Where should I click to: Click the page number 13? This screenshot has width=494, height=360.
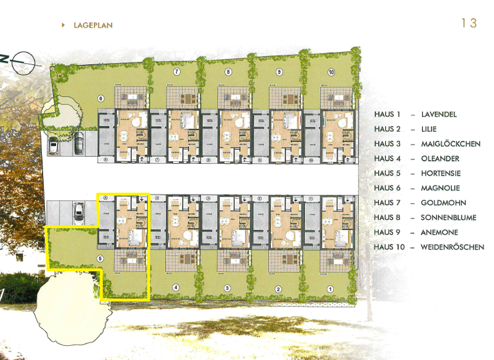(469, 23)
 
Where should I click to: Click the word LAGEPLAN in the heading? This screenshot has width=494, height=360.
(93, 25)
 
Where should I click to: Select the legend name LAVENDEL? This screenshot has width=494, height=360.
(439, 114)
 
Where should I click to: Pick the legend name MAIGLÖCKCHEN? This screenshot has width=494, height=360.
(450, 144)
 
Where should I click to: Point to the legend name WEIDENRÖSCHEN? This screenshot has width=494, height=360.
(452, 248)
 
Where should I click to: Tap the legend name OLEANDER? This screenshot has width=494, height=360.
(441, 159)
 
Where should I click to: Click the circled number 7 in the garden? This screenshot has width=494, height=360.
(176, 72)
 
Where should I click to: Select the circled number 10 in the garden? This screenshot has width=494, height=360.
(331, 72)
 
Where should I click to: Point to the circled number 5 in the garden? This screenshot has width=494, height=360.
(100, 259)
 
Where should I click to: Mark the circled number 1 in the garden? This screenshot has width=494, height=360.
(330, 289)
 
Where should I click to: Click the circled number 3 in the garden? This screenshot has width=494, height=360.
(226, 289)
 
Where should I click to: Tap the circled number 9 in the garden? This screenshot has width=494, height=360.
(279, 72)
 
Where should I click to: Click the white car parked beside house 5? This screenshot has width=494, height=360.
(78, 210)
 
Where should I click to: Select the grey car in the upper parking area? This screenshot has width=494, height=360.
(77, 143)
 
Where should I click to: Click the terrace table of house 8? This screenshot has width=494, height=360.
(235, 98)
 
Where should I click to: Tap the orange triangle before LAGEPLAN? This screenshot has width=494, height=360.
(63, 25)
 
